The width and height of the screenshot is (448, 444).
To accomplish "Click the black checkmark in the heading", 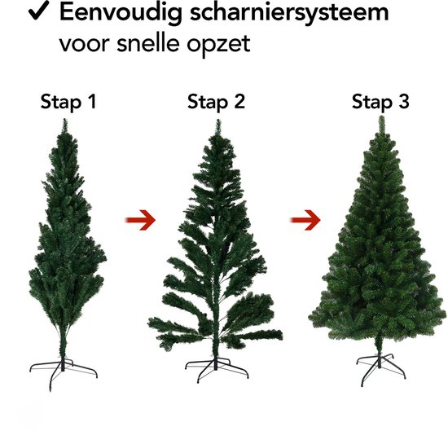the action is tap(39, 11).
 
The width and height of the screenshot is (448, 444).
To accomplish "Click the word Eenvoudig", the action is tap(121, 13).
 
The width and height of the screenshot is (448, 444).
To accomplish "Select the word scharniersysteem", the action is tap(289, 13).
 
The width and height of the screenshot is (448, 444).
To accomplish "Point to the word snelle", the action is tap(148, 42).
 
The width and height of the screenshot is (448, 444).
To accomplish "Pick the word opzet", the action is tap(218, 45).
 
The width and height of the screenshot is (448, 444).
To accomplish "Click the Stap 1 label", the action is tap(68, 102).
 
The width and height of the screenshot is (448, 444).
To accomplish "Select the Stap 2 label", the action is tap(216, 102).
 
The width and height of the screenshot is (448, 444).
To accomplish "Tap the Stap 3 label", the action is tap(380, 102).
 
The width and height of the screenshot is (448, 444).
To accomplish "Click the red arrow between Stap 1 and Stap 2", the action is tap(140, 220).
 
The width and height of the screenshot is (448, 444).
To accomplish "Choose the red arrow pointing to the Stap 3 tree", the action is tap(305, 220).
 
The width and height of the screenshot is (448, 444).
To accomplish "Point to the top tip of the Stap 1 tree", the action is tap(65, 120).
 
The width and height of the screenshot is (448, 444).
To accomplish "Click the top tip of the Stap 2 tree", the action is tap(218, 121).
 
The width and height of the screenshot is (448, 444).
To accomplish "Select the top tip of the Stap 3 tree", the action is tap(382, 116).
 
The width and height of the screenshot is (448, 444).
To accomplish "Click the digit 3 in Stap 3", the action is tap(404, 102).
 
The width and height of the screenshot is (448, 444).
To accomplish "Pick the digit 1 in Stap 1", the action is tap(92, 102).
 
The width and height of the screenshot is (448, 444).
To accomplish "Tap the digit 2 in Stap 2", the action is tap(239, 102).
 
